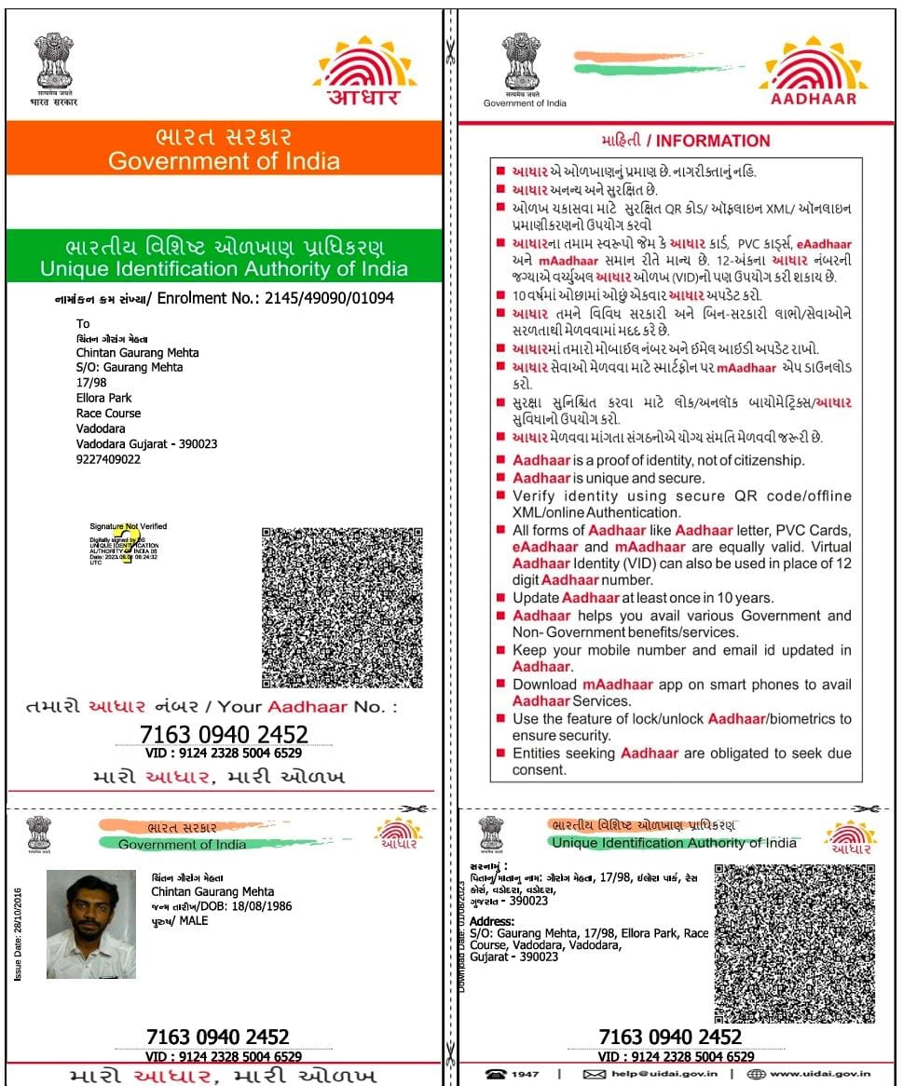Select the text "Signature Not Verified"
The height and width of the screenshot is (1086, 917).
129,526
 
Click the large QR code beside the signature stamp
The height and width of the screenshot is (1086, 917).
343,607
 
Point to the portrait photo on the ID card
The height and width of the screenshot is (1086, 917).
90,924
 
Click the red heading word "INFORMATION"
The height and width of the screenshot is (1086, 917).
713,141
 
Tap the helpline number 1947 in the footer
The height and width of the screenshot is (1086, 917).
525,1074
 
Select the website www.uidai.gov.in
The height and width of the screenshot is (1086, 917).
821,1074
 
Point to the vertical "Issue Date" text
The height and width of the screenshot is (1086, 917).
18,931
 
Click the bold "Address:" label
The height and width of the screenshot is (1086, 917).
492,921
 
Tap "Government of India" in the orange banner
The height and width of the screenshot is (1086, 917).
224,160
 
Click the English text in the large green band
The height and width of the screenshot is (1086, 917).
224,269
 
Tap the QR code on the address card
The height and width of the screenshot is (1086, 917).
795,943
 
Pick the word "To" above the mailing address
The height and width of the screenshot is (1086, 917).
84,324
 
